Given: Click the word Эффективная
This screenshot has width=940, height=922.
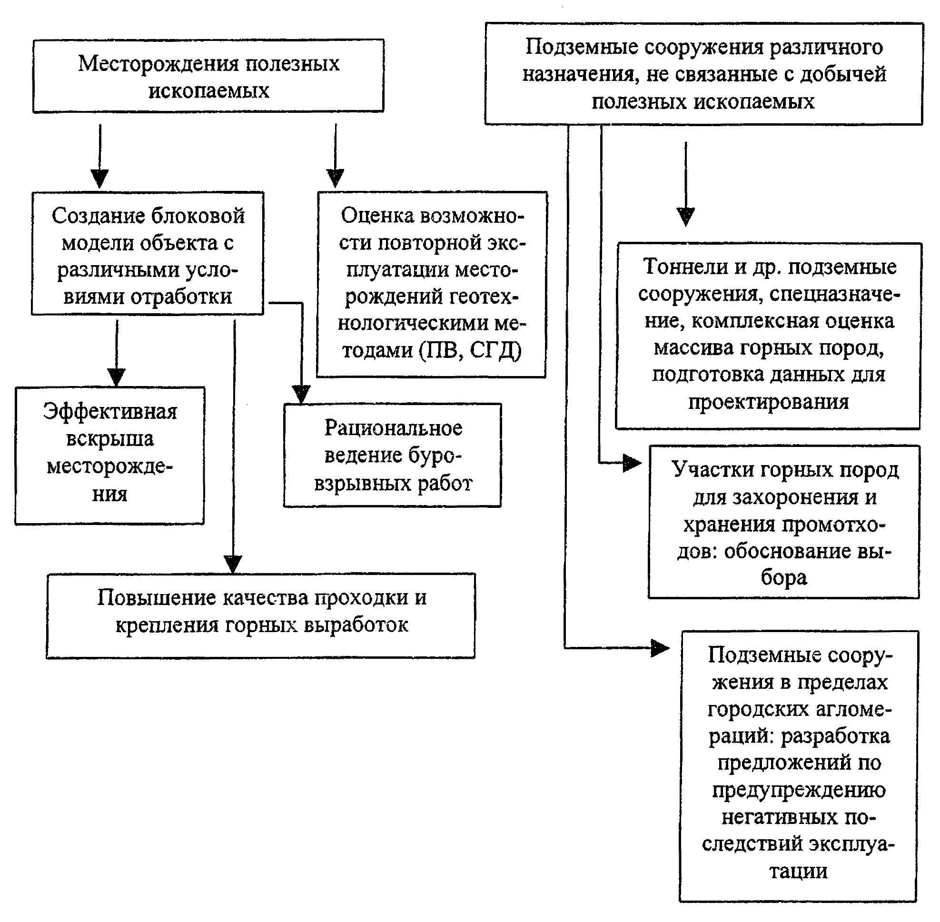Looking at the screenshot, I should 110,412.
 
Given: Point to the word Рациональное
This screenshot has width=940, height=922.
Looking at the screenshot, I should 393,428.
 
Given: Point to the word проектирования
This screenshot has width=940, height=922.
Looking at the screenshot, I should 769,402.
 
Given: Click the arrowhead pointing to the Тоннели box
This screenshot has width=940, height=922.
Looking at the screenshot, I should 685,216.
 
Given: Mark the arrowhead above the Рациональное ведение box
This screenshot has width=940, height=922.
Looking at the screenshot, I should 301,394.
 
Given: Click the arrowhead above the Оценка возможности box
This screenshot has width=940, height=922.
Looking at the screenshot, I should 335,178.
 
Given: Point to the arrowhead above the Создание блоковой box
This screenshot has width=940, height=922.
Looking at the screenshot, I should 100,178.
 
